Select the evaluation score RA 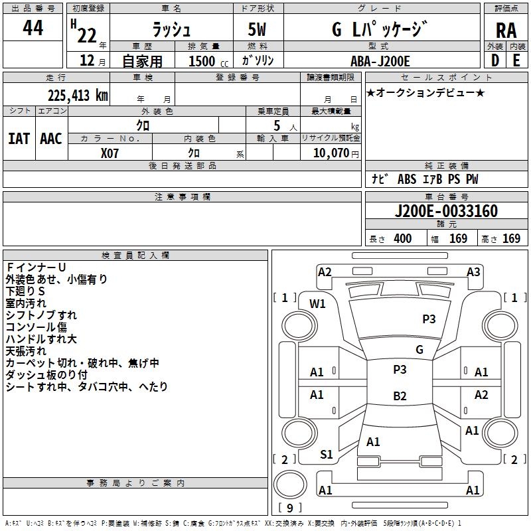point(506,31)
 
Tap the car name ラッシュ point(171,29)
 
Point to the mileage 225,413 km point(78,95)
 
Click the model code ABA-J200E point(380,61)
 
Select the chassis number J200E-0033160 point(445,212)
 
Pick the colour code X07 point(110,152)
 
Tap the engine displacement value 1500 point(201,61)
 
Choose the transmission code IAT point(19,138)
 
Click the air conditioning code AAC point(51,138)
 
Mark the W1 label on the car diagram point(318,304)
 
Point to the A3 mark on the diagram point(473,271)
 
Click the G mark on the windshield point(419,350)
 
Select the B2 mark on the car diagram point(400,396)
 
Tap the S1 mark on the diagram point(327,455)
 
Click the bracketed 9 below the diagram point(289,508)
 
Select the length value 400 point(402,239)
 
